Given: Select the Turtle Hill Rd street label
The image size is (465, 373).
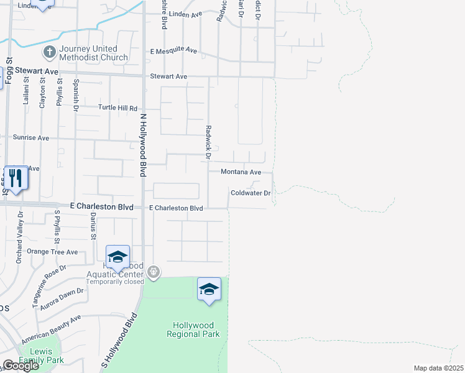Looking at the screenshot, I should pos(118,108).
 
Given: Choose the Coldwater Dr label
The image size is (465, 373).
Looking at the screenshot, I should pos(251,193).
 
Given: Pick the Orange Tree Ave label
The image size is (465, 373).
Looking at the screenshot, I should pos(52,252).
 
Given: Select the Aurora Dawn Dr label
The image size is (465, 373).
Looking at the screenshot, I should pos(62,298).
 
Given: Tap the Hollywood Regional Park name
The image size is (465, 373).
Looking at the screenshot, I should pos(193,329).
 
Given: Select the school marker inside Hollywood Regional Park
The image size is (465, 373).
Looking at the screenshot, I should pos(209,289).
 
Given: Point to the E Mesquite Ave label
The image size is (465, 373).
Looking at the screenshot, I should pos(173,51).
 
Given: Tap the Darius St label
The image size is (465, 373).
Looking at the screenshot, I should pos(94,226).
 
